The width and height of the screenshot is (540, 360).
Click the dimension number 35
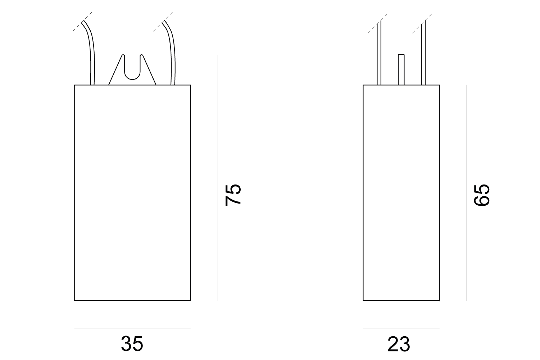pyautogui.click(x=132, y=343)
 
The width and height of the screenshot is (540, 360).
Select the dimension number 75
pyautogui.click(x=233, y=195)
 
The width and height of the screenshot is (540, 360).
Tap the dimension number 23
pyautogui.click(x=399, y=344)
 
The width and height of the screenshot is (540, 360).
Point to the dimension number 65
pyautogui.click(x=482, y=195)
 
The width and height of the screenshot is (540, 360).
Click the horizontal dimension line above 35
pyautogui.click(x=132, y=328)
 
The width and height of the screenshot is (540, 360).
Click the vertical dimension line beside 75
pyautogui.click(x=218, y=178)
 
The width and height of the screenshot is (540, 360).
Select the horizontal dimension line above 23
pyautogui.click(x=401, y=328)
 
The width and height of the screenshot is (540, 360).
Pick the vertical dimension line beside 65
pyautogui.click(x=467, y=193)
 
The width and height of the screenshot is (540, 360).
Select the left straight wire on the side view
pyautogui.click(x=379, y=53)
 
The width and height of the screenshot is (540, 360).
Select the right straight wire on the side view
pyautogui.click(x=423, y=53)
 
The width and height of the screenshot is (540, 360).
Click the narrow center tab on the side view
pyautogui.click(x=401, y=70)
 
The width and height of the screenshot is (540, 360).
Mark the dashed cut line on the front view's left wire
pyautogui.click(x=82, y=22)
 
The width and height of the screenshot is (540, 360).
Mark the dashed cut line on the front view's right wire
pyautogui.click(x=163, y=22)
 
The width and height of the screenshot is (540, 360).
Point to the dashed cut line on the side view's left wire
pyautogui.click(x=378, y=23)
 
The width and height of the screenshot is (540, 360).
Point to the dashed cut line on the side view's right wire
pyautogui.click(x=422, y=23)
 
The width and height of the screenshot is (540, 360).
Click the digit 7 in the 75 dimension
pyautogui.click(x=233, y=201)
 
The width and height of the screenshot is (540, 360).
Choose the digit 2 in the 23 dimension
pyautogui.click(x=393, y=344)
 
